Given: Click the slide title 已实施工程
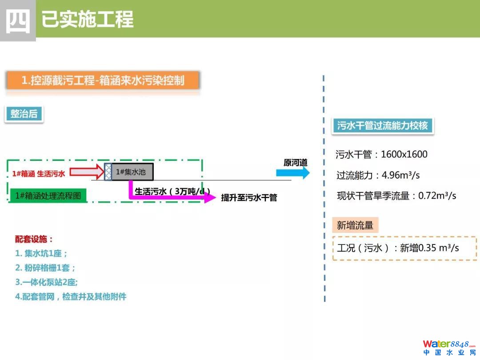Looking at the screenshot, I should tap(88, 20).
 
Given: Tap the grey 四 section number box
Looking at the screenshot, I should tap(18, 20).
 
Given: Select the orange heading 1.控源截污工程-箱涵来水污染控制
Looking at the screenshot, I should tap(103, 80).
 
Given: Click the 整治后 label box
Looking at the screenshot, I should tap(24, 114).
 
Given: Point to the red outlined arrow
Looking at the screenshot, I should tap(87, 172).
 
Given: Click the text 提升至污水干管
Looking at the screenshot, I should tap(249, 198).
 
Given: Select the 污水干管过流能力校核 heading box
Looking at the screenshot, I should tap(382, 126).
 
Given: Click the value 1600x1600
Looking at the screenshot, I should tap(404, 155).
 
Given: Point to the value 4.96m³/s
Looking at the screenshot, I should tap(400, 175).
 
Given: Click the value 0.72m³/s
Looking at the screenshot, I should tap(437, 196).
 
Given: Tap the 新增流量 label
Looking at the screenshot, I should tap(355, 225).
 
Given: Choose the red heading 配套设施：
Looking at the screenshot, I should tap(34, 239).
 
